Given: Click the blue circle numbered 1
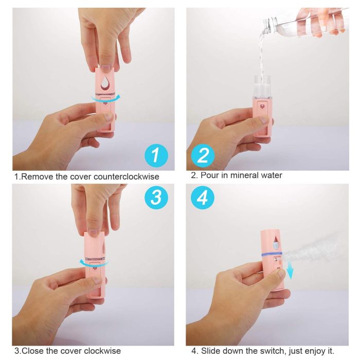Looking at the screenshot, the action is click(156, 156).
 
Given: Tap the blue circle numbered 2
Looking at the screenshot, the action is click(203, 156).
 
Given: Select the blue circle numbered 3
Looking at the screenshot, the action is click(156, 197).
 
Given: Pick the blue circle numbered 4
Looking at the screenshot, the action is click(203, 197).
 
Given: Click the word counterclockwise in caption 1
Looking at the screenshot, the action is click(127, 176).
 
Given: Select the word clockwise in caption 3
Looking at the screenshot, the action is click(102, 351).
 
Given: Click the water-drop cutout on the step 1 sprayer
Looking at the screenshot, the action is click(105, 82).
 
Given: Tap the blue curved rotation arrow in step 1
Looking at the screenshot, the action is click(105, 99).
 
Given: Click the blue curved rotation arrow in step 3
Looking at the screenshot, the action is click(94, 263).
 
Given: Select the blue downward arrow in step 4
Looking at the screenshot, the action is click(291, 272).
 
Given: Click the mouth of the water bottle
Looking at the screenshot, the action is click(267, 25).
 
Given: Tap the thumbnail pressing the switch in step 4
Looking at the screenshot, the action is click(281, 274).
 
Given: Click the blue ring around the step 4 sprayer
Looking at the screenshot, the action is click(272, 254).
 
